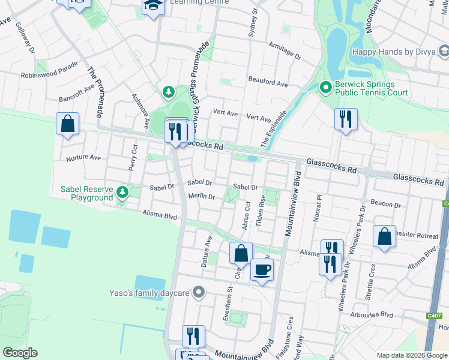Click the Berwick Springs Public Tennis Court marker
pyautogui.click(x=326, y=88)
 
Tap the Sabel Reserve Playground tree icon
pyautogui.click(x=122, y=193)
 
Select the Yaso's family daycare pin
pyautogui.click(x=200, y=293)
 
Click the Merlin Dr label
pyautogui.click(x=201, y=197)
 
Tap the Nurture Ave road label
pyautogui.click(x=83, y=157)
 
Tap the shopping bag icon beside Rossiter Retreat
pyautogui.click(x=384, y=236)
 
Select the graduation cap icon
pyautogui.click(x=154, y=5)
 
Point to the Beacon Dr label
pyautogui.click(x=386, y=205)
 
